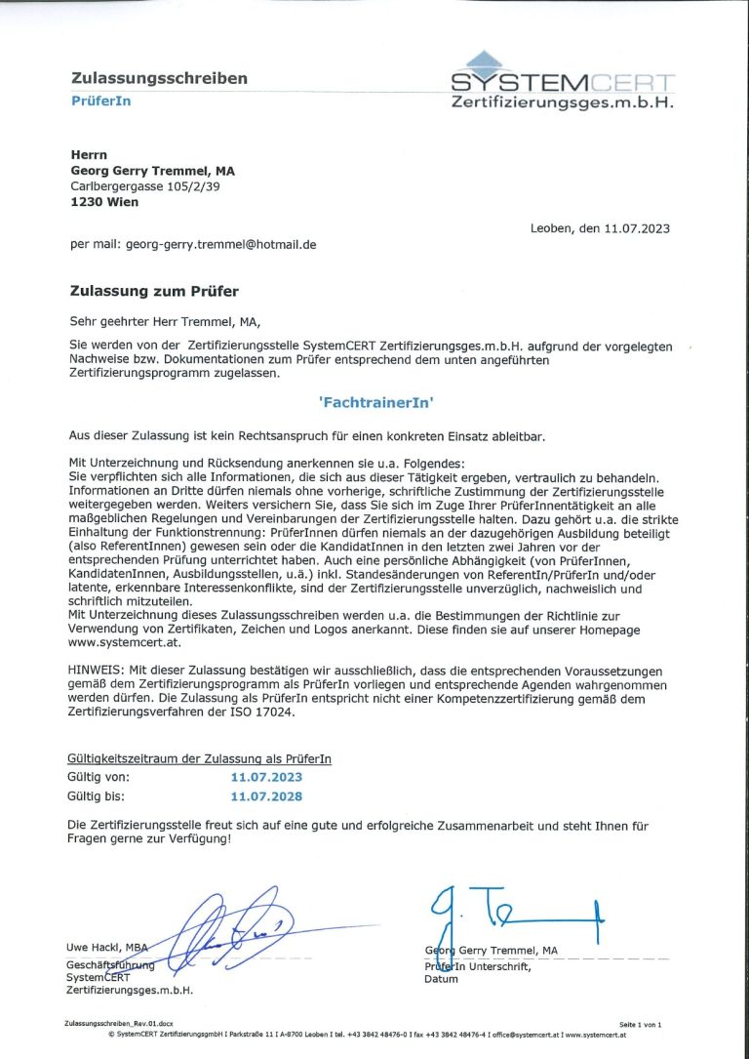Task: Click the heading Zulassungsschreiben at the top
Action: click(x=159, y=78)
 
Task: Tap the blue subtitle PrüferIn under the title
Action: click(x=100, y=101)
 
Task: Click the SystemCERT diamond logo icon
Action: click(x=485, y=61)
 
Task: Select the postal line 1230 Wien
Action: click(x=104, y=203)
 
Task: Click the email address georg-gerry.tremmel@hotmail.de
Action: click(x=220, y=245)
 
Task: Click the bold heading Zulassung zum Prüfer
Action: click(x=154, y=291)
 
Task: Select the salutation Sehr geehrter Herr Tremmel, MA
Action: click(x=166, y=320)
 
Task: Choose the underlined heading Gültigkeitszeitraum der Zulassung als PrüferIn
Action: click(x=199, y=758)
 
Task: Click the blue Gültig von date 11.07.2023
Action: click(x=266, y=778)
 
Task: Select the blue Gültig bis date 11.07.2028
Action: click(x=266, y=797)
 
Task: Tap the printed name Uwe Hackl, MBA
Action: click(x=106, y=948)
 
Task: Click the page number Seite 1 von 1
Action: click(x=640, y=1024)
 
